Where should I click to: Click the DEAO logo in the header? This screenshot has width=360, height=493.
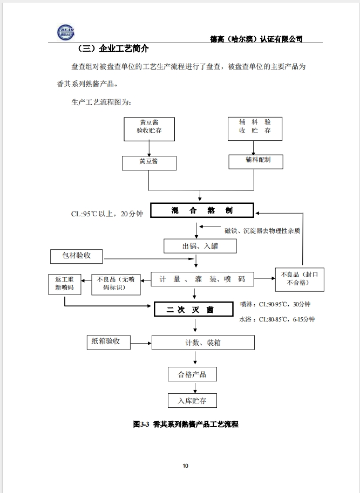click(65, 32)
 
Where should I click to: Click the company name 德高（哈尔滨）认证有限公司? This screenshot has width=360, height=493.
click(256, 39)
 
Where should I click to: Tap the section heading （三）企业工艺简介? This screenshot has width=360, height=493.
click(112, 49)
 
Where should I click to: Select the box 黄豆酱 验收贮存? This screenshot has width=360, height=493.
click(149, 129)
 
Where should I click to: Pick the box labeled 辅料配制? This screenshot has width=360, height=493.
click(255, 162)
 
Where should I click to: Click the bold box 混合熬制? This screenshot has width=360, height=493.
click(202, 210)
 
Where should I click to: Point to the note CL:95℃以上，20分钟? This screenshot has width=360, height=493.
click(107, 214)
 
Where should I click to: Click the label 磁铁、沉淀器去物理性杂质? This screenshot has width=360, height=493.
click(262, 231)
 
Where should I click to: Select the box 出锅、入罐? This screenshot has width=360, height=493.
click(200, 246)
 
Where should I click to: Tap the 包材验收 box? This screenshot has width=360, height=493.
click(77, 256)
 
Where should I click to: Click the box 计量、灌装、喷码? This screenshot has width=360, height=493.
click(202, 279)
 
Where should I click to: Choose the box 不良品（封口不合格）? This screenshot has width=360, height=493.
click(300, 279)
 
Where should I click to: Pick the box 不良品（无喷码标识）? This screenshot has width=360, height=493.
click(116, 285)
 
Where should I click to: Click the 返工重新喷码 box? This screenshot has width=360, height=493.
click(65, 285)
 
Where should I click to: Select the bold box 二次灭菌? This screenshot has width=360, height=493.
click(194, 310)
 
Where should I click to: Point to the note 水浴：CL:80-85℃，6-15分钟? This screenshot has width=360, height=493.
click(277, 319)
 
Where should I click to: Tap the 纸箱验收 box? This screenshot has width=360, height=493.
click(108, 342)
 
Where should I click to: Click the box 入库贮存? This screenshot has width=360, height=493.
click(192, 401)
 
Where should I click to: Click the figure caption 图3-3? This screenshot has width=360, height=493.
click(141, 424)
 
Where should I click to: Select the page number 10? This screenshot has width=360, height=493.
click(185, 465)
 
